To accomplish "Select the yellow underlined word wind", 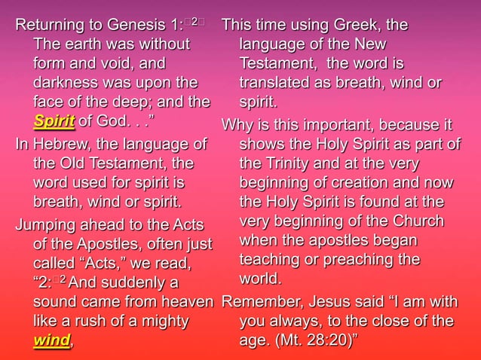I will [x=52, y=341].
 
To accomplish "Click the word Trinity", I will [x=291, y=163].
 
